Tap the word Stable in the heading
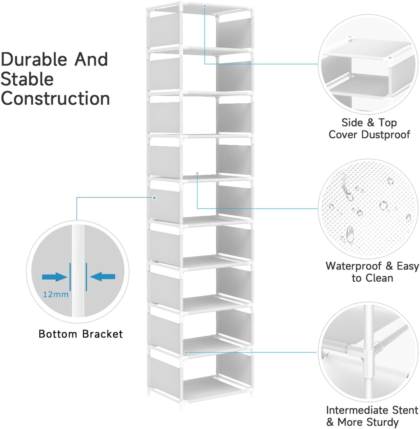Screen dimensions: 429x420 (27, 79)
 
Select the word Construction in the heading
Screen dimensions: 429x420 (55, 99)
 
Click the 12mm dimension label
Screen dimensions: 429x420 (56, 295)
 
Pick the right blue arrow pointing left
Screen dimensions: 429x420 (103, 277)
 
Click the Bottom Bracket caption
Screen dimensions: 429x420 (81, 334)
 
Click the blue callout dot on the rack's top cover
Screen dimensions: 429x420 (204, 6)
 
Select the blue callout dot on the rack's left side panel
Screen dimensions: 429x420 (154, 198)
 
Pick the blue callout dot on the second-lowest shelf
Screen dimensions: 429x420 (186, 352)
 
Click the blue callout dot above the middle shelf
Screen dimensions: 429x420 (197, 173)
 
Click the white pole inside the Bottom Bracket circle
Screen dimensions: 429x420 (78, 270)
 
